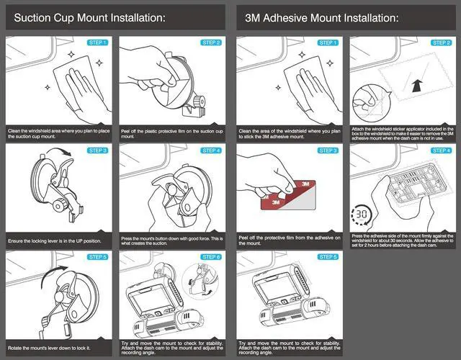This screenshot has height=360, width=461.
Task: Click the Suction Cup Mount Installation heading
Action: [x=89, y=18]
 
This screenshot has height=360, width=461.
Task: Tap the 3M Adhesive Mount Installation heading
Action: [x=322, y=18]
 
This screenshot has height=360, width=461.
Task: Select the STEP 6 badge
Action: [x=211, y=257]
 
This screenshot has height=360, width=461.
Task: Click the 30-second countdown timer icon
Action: [x=362, y=215]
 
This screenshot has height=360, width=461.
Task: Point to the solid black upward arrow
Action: [x=417, y=86]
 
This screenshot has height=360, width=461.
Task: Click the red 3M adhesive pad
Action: [x=288, y=195]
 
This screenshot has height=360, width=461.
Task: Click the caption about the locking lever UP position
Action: [x=55, y=241]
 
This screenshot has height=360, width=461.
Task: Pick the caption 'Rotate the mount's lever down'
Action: [x=49, y=348]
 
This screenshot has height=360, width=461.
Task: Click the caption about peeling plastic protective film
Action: [x=172, y=134]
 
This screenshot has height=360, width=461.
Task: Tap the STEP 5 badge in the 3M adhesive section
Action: [x=328, y=257]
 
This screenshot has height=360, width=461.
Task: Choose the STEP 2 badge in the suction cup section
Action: [x=211, y=42]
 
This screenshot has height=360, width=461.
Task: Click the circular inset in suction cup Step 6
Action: [x=200, y=282]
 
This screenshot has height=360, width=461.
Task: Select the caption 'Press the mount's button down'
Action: [x=172, y=241]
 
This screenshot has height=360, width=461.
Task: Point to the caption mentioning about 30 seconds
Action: [x=403, y=240]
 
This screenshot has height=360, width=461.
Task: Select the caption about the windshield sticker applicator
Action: [x=403, y=134]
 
